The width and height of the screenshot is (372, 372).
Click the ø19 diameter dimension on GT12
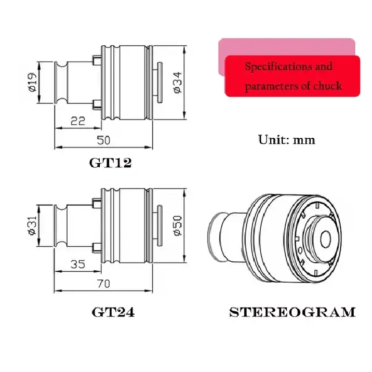pyautogui.click(x=32, y=82)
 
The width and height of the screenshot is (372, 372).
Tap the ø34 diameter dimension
pyautogui.click(x=178, y=82)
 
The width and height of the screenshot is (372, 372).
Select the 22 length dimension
pyautogui.click(x=78, y=121)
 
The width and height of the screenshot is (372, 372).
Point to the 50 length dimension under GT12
pyautogui.click(x=104, y=140)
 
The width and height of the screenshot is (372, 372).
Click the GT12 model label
pyautogui.click(x=110, y=163)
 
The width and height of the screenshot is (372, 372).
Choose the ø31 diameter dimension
pyautogui.click(x=32, y=225)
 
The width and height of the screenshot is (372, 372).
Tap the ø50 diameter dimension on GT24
pyautogui.click(x=178, y=225)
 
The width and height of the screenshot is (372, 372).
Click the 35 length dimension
pyautogui.click(x=78, y=264)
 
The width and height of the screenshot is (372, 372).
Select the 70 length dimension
pyautogui.click(x=104, y=284)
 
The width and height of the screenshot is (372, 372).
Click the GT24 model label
pyautogui.click(x=113, y=312)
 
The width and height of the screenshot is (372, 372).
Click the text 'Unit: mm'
pyautogui.click(x=287, y=139)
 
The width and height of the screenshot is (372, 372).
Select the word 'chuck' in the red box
pyautogui.click(x=328, y=86)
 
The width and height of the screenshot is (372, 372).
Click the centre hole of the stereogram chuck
pyautogui.click(x=325, y=239)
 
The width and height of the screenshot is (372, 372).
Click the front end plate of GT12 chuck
pyautogui.click(x=160, y=82)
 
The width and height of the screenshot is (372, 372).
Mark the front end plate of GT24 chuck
pyautogui.click(x=160, y=225)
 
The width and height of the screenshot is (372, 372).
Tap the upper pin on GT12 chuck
pyautogui.click(x=97, y=60)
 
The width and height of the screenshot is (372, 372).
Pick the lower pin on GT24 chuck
pyautogui.click(x=97, y=248)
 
